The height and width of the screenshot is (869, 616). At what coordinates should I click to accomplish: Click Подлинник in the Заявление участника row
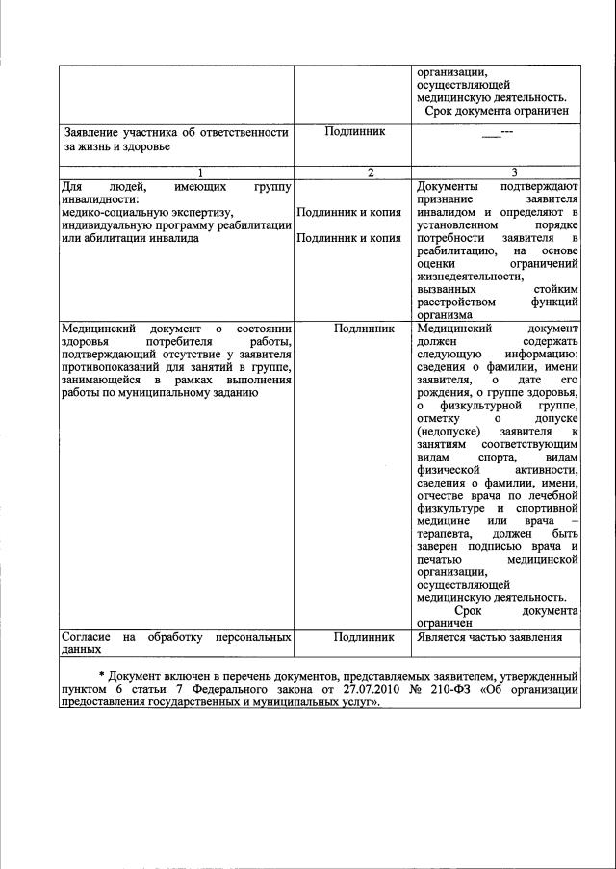(351, 132)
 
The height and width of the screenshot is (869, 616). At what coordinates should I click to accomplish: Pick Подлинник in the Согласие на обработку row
(363, 638)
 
